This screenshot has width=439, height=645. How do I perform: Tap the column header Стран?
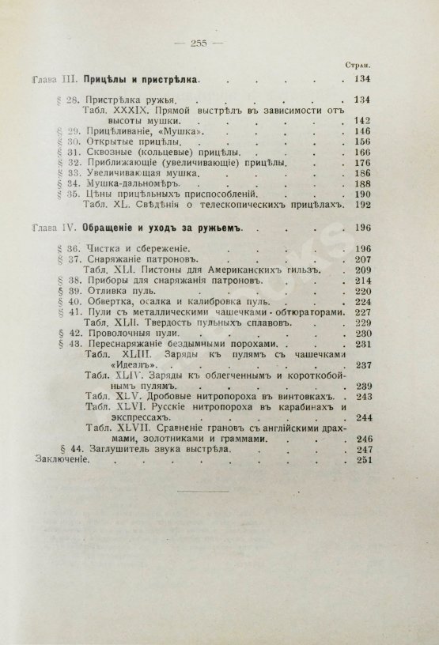coord(360,66)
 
